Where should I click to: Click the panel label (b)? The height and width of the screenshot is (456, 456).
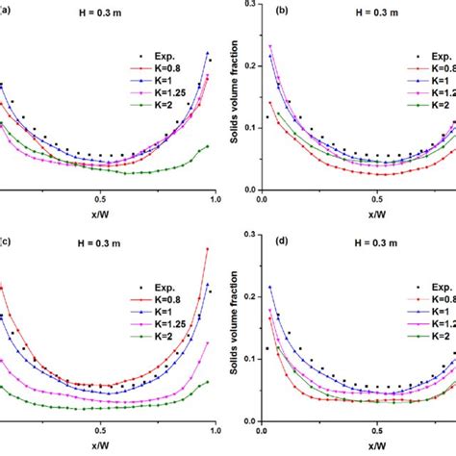(x=282, y=13)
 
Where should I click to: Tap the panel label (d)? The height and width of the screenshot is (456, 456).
(x=282, y=240)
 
